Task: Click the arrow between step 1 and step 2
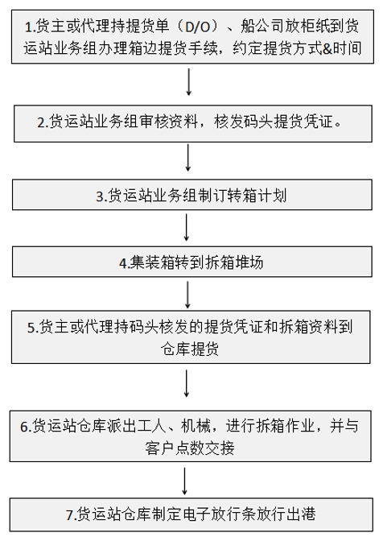point(188,82)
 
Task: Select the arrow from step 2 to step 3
point(188,158)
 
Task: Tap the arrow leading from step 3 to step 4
point(187,227)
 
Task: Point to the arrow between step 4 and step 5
point(187,295)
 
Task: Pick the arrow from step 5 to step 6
point(187,383)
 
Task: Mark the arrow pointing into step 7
point(184,481)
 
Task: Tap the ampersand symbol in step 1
point(327,48)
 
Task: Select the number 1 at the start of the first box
point(29,27)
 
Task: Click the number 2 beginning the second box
point(41,123)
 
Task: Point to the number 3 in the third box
point(100,196)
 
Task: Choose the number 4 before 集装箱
point(123,263)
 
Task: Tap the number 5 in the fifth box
point(31,328)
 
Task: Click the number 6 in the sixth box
point(24,427)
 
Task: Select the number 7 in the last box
point(70,515)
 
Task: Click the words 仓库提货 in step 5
point(190,349)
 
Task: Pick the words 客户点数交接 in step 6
point(190,448)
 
